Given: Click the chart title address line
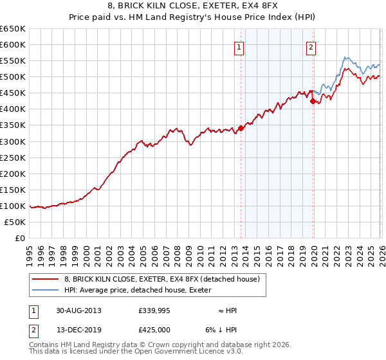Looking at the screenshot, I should point(193,6).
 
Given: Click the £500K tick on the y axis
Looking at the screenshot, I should point(12,77).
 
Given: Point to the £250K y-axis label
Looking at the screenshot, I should point(12,157).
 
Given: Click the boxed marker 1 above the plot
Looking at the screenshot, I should point(239,47).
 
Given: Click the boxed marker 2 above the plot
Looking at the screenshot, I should point(311,47).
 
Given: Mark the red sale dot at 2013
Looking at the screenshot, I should point(241,128).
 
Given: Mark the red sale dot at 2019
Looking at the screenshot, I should point(313,101).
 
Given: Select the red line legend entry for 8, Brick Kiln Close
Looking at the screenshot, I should point(161,279).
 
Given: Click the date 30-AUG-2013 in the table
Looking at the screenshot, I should point(78,310).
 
